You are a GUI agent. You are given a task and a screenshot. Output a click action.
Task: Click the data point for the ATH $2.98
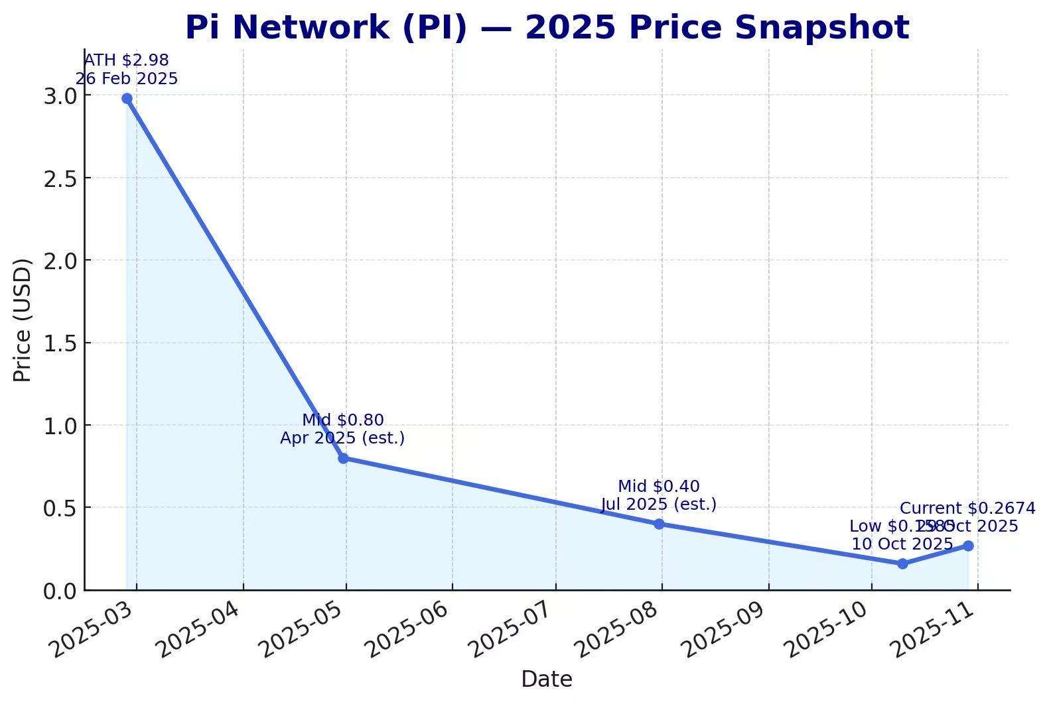(x=127, y=99)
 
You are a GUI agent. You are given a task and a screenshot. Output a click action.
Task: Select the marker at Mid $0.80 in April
(x=343, y=458)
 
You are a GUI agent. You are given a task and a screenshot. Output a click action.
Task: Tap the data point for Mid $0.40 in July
(x=659, y=524)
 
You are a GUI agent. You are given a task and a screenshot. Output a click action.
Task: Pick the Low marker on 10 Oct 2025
(x=902, y=563)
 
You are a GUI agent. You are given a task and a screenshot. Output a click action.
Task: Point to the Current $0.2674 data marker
(x=968, y=546)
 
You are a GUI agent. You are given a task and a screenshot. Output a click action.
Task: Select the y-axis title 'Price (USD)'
(x=23, y=320)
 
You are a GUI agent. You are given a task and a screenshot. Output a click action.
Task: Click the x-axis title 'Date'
(x=546, y=679)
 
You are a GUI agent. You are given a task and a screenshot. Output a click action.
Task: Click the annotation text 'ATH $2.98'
(x=126, y=60)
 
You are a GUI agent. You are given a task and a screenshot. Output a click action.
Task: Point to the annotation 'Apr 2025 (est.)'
(x=342, y=438)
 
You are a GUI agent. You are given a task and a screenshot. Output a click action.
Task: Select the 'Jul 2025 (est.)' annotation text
(x=659, y=504)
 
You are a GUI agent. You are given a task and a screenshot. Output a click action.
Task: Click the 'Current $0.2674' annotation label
(x=967, y=508)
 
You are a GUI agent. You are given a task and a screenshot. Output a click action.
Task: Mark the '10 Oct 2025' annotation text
(x=902, y=544)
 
